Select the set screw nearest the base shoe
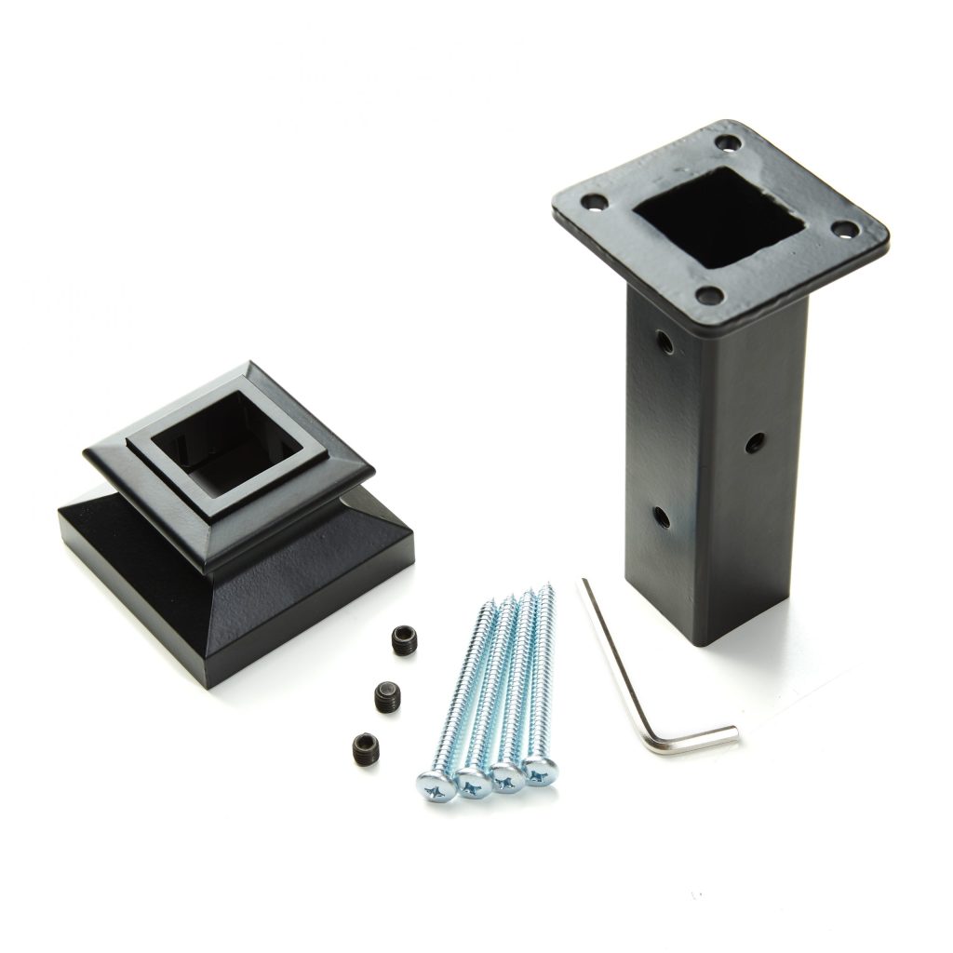click(x=403, y=639)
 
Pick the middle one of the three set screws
click(x=388, y=694)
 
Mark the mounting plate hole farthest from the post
click(x=731, y=144)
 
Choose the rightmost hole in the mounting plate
click(x=844, y=229)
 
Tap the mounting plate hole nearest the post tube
click(x=709, y=296)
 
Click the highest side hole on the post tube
click(x=664, y=343)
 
